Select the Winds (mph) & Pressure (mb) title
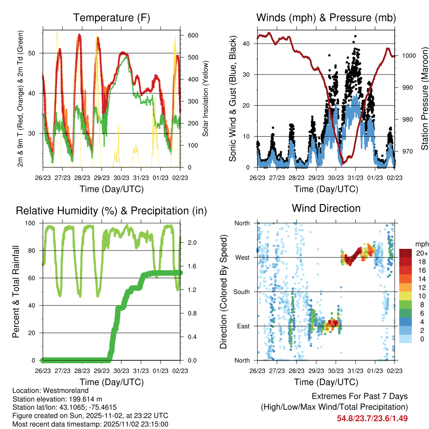(x=326, y=18)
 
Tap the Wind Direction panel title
(x=326, y=208)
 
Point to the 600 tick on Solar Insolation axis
(x=191, y=35)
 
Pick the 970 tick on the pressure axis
(x=406, y=151)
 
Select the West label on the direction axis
(x=243, y=258)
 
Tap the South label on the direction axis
(x=242, y=292)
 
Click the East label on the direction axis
(x=243, y=326)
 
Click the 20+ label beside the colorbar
(x=421, y=253)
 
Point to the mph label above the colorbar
(x=421, y=244)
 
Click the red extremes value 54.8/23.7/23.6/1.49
(x=372, y=418)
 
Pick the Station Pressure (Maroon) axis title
(x=424, y=98)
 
